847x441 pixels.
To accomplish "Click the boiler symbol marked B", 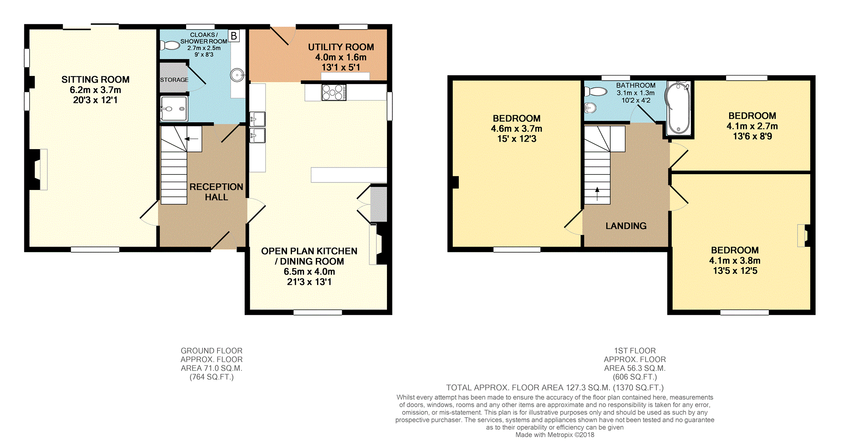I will tap(234, 36).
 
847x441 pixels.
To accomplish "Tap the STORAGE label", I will tap(174, 80).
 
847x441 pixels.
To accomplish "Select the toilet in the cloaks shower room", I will tap(170, 45).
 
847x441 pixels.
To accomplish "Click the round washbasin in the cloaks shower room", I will tap(237, 76).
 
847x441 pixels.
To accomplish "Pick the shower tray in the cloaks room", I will tap(174, 109).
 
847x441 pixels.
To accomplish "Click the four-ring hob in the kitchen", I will tap(333, 92).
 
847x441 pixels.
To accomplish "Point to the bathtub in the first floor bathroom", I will tap(678, 108).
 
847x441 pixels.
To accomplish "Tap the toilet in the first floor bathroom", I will tap(595, 91).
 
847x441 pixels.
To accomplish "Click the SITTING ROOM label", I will tap(95, 79).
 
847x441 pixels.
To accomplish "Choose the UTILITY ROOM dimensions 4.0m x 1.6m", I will tap(340, 57).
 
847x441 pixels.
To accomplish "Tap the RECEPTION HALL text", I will tap(216, 192).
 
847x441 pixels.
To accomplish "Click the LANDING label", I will tap(626, 226).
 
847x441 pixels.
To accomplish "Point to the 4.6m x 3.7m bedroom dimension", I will tap(516, 129).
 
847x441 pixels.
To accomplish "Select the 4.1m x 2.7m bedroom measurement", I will tap(752, 126).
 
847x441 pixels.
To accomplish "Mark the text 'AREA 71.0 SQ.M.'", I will tap(211, 368).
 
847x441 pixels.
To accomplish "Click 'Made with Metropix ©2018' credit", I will tap(555, 435).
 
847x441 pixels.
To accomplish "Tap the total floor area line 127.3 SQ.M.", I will tap(555, 388).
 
